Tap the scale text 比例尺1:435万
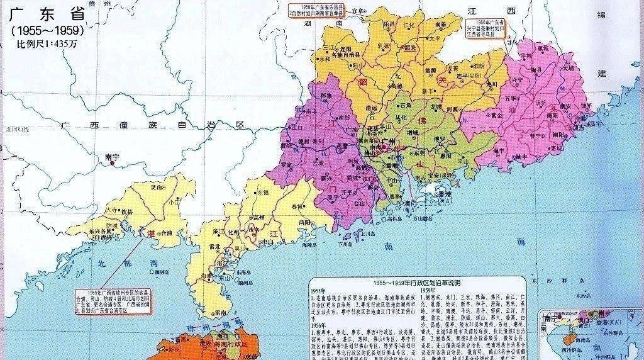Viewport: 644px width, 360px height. click(47, 44)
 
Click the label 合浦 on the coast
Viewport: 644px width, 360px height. click(165, 232)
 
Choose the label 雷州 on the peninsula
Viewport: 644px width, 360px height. click(220, 312)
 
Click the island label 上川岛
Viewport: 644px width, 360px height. click(370, 233)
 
